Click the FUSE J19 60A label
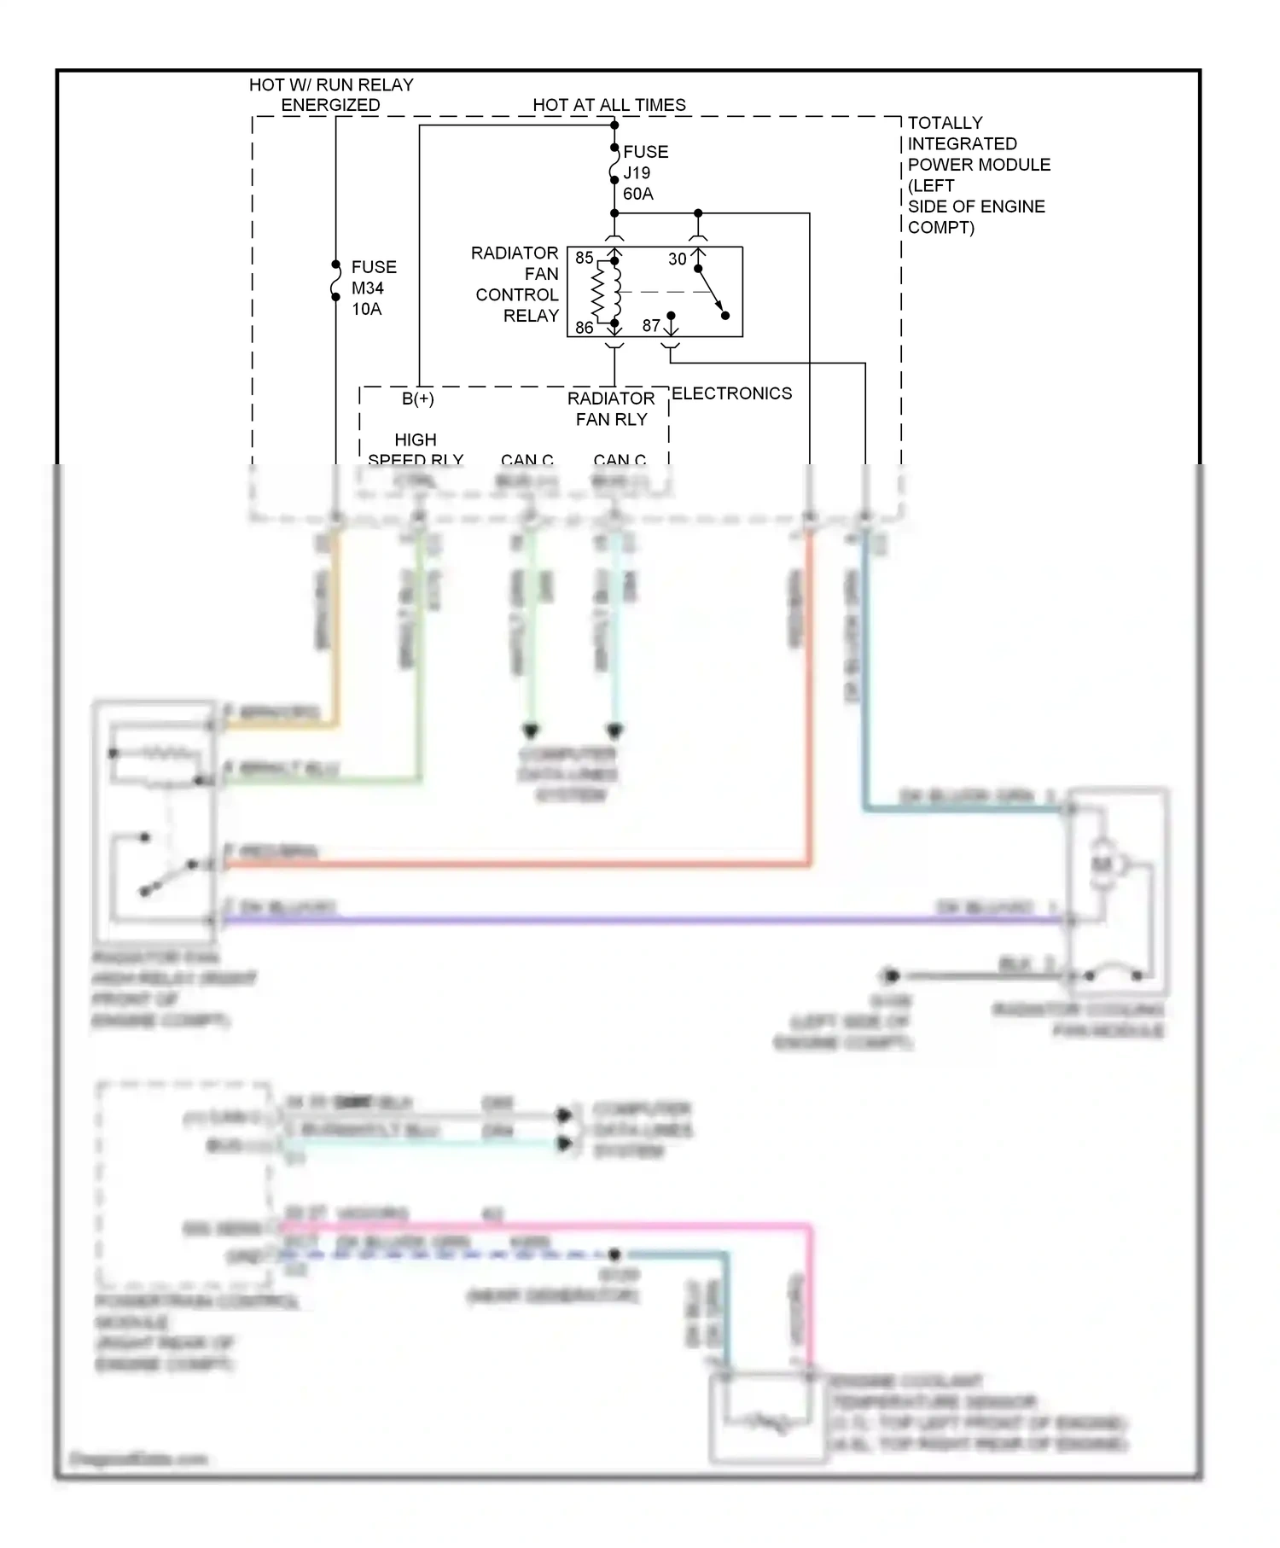pyautogui.click(x=645, y=172)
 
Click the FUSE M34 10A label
pyautogui.click(x=373, y=288)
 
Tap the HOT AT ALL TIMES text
pyautogui.click(x=609, y=105)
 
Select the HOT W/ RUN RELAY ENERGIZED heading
pyautogui.click(x=331, y=95)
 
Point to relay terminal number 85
pyautogui.click(x=584, y=258)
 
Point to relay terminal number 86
pyautogui.click(x=584, y=327)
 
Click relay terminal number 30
pyautogui.click(x=677, y=259)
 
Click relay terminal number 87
pyautogui.click(x=651, y=326)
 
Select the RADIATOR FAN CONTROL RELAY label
pyautogui.click(x=516, y=284)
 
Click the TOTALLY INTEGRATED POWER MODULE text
pyautogui.click(x=977, y=175)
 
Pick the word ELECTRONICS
pyautogui.click(x=731, y=393)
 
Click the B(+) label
pyautogui.click(x=418, y=399)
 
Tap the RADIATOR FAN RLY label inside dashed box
pyautogui.click(x=611, y=409)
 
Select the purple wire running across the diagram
pyautogui.click(x=640, y=921)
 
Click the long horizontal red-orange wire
pyautogui.click(x=512, y=865)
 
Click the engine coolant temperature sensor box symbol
pyautogui.click(x=766, y=1417)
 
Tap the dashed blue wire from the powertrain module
pyautogui.click(x=444, y=1254)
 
